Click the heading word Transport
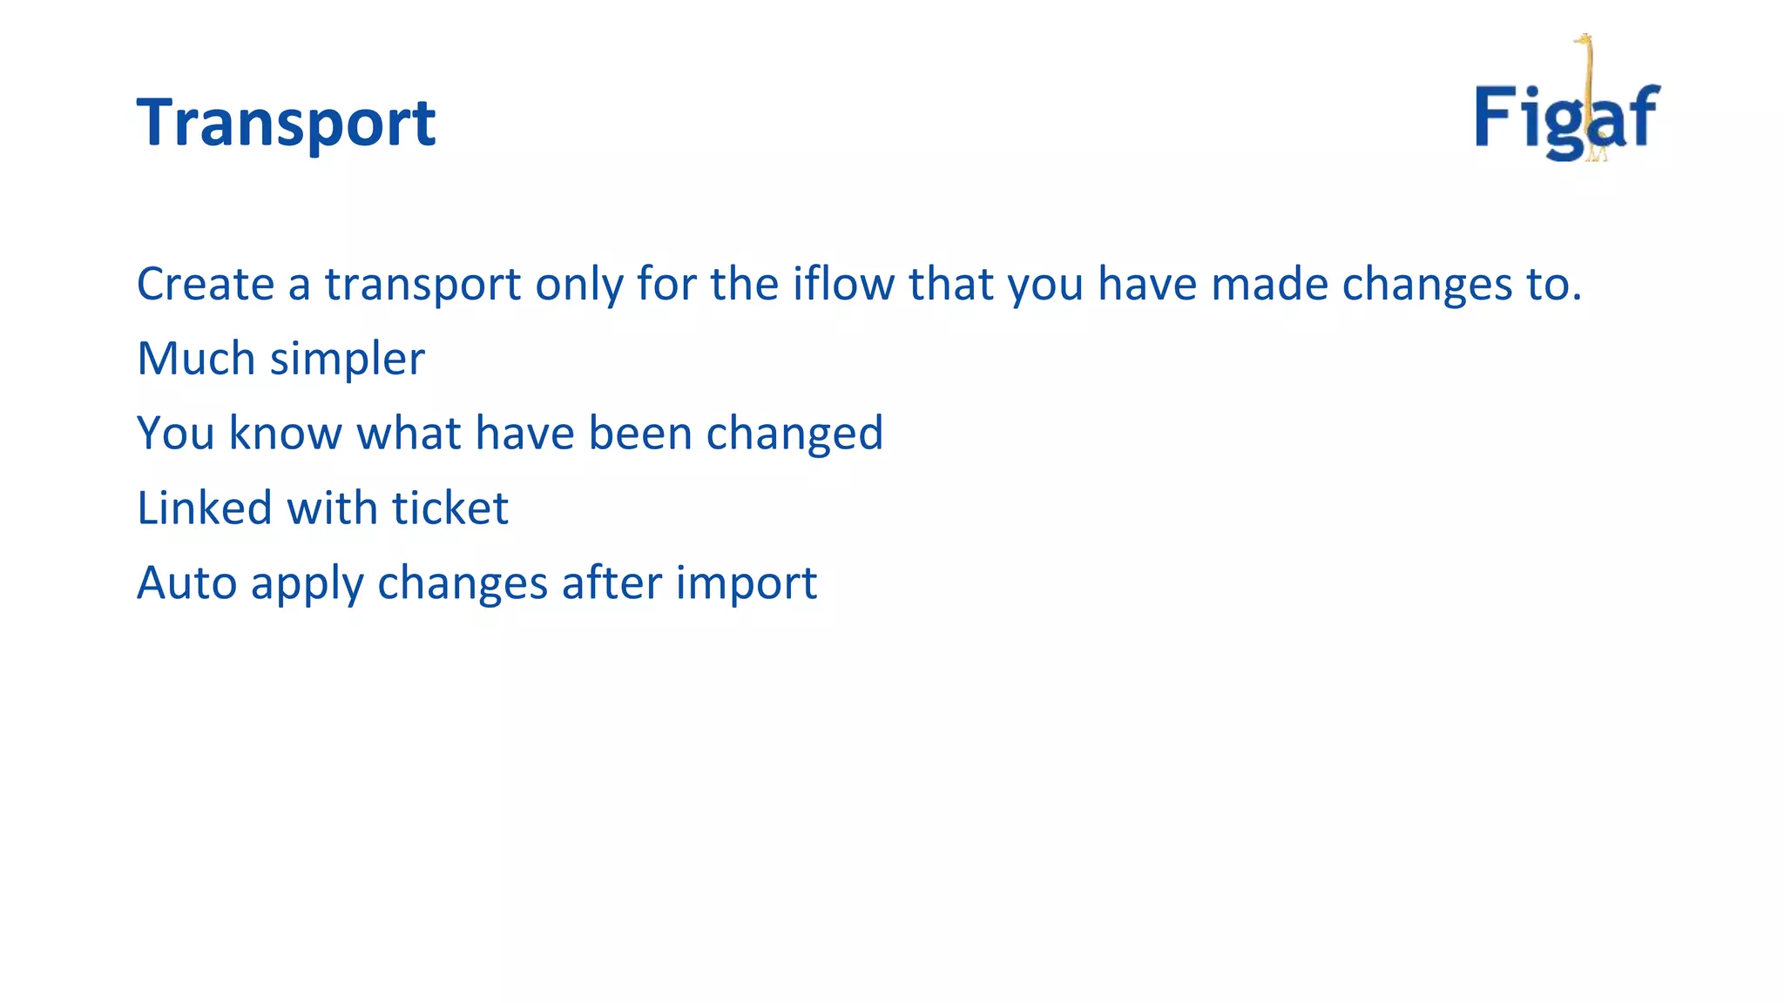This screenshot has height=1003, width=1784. tap(286, 122)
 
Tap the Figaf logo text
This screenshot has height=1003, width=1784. tap(1566, 118)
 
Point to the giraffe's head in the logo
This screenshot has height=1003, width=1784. tap(1583, 40)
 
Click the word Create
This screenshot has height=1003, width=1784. tap(206, 284)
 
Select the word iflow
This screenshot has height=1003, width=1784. tap(842, 284)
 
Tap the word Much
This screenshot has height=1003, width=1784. tap(196, 359)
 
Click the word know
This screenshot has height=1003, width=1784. tap(285, 434)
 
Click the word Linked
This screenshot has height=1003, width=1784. tap(205, 508)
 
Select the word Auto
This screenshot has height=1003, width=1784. tap(186, 583)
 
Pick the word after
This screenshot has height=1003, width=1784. tap(612, 583)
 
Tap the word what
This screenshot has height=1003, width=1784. tap(409, 434)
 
